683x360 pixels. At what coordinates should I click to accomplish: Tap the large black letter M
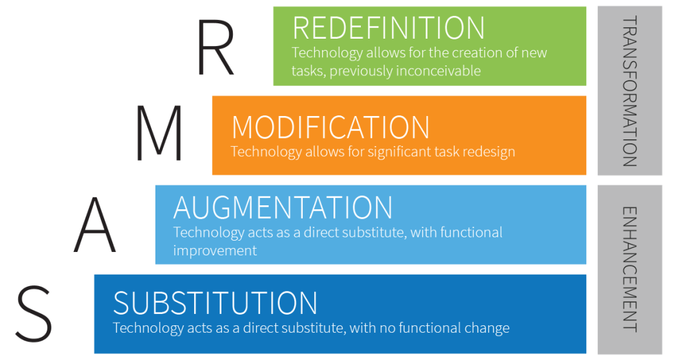coord(159,133)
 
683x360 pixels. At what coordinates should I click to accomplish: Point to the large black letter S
coord(33,313)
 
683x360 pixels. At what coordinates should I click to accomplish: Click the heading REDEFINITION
coord(389,28)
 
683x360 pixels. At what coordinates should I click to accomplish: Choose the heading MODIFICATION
coord(330,127)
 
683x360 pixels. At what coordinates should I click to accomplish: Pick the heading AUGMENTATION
coord(283,208)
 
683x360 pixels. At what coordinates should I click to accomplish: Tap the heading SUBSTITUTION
coord(215,303)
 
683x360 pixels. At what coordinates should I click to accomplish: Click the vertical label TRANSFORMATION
coord(629,91)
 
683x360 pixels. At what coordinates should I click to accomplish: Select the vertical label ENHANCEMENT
coord(629,269)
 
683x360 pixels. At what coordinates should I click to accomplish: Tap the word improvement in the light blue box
coord(215,251)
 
